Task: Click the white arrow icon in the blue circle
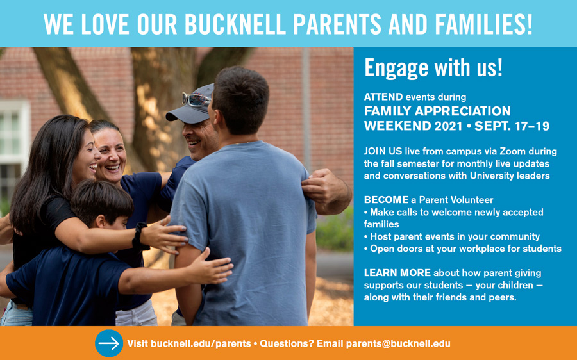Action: pos(108,343)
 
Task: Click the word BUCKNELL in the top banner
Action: pos(235,24)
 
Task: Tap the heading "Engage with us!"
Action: pos(433,68)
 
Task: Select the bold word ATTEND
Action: pos(383,97)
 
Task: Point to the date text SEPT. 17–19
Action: pos(512,126)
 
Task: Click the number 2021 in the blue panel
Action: pos(448,126)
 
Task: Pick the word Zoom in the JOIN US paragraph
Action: pos(512,151)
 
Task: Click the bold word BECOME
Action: pos(386,200)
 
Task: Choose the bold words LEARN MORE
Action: pos(397,272)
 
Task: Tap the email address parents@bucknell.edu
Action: pos(398,343)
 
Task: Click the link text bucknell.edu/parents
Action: pos(201,343)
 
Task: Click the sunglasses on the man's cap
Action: pos(196,99)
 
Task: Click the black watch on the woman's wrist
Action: pos(140,236)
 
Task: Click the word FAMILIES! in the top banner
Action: pos(483,24)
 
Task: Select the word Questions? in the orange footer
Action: pos(287,343)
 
